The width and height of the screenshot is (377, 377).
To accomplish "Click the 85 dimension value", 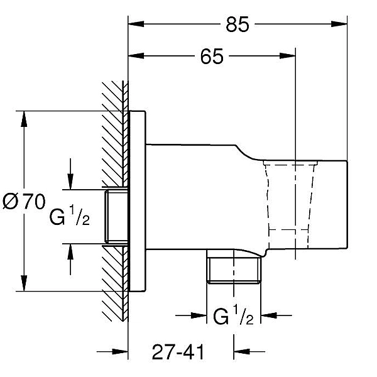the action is point(238,25).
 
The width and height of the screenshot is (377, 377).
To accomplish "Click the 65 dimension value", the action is point(212,57).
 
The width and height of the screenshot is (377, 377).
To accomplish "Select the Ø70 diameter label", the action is point(24,202).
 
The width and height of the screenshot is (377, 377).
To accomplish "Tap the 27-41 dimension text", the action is point(178,352).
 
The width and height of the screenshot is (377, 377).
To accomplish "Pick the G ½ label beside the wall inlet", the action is point(70,215).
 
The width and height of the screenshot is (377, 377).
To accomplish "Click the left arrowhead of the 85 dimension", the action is point(136,24).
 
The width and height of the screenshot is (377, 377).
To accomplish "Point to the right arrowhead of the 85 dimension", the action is point(339,24).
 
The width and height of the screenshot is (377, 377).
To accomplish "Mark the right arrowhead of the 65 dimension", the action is point(287,56).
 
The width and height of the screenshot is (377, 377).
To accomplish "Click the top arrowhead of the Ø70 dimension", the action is point(24,119).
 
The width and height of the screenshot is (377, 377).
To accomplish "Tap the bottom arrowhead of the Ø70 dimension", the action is point(24,283).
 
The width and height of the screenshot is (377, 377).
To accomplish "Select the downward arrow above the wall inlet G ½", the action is point(70,174).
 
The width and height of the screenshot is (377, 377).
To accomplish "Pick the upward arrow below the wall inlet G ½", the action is point(70,259).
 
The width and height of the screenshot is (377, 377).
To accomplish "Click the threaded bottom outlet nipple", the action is point(234,270).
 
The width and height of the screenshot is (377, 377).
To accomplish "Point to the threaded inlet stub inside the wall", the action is point(116,217).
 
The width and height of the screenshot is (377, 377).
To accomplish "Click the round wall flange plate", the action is point(137,201).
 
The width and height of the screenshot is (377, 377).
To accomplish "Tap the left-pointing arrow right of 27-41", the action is point(249,351).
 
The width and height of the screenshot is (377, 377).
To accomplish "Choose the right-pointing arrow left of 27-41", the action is point(112,352).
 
